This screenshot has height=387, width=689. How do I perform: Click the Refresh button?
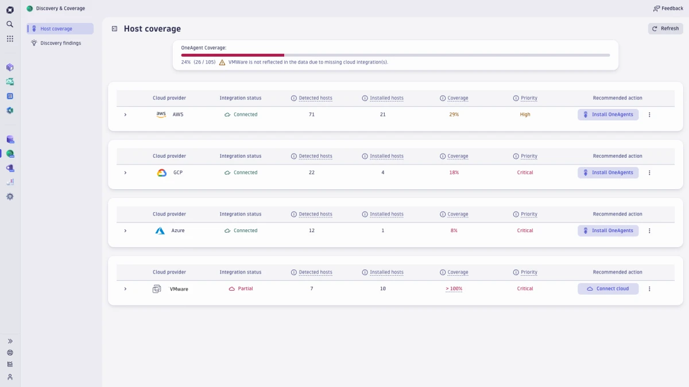[x=665, y=29]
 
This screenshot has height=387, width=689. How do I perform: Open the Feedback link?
[x=668, y=9]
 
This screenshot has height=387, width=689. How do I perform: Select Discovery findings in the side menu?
[x=60, y=43]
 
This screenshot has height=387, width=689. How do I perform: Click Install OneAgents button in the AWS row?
[x=608, y=115]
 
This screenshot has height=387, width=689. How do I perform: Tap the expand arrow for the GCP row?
[x=125, y=173]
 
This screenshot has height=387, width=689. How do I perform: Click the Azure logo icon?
[x=160, y=230]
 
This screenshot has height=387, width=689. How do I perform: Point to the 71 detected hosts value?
[x=312, y=115]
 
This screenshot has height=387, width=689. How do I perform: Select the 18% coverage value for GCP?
[x=454, y=173]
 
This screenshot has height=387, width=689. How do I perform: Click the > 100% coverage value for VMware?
[x=454, y=289]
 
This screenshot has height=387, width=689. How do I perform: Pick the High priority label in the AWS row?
[x=525, y=115]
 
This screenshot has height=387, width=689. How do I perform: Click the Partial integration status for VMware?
[x=245, y=289]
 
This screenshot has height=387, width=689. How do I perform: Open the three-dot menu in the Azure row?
[x=649, y=230]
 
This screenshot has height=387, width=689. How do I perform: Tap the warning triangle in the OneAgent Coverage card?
[x=222, y=62]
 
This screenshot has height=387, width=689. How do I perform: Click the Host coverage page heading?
[x=152, y=29]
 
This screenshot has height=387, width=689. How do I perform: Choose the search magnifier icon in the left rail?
[x=10, y=24]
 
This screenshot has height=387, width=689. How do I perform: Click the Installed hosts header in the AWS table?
[x=386, y=98]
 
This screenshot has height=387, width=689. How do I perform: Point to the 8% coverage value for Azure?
[x=454, y=230]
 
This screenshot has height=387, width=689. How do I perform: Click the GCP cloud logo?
[x=161, y=173]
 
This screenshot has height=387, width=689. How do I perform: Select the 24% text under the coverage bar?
[x=186, y=62]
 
